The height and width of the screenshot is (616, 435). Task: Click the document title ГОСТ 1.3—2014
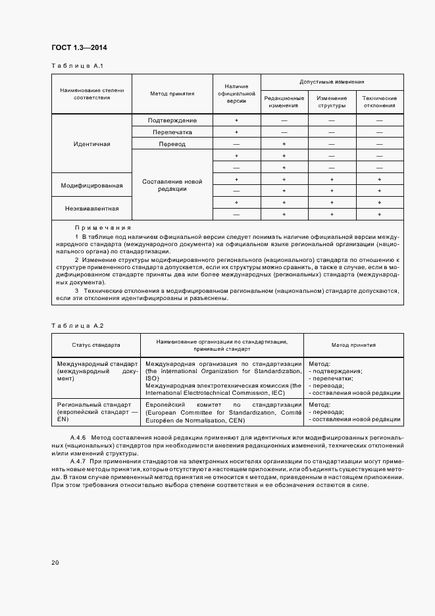tap(79, 47)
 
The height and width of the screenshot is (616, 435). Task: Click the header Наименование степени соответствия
tap(92, 93)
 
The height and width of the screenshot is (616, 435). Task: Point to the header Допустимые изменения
tap(332, 82)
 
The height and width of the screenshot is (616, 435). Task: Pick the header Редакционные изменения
tap(284, 101)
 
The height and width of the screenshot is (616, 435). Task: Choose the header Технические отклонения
tap(379, 101)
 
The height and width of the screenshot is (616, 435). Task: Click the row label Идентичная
tap(92, 143)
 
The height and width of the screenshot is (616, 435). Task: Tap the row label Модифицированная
tap(92, 186)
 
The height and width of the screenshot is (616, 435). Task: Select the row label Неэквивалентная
tap(92, 209)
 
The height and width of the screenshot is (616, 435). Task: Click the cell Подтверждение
tap(172, 120)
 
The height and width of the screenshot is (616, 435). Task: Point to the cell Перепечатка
tap(172, 132)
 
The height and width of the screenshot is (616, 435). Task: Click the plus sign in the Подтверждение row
tap(236, 120)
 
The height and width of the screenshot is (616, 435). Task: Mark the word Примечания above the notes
tap(99, 228)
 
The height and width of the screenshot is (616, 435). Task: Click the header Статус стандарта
tap(96, 344)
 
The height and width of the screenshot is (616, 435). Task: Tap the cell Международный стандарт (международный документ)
tap(96, 371)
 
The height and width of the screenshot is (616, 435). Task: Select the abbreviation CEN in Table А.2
tap(236, 420)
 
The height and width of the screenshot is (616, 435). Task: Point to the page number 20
tap(55, 563)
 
